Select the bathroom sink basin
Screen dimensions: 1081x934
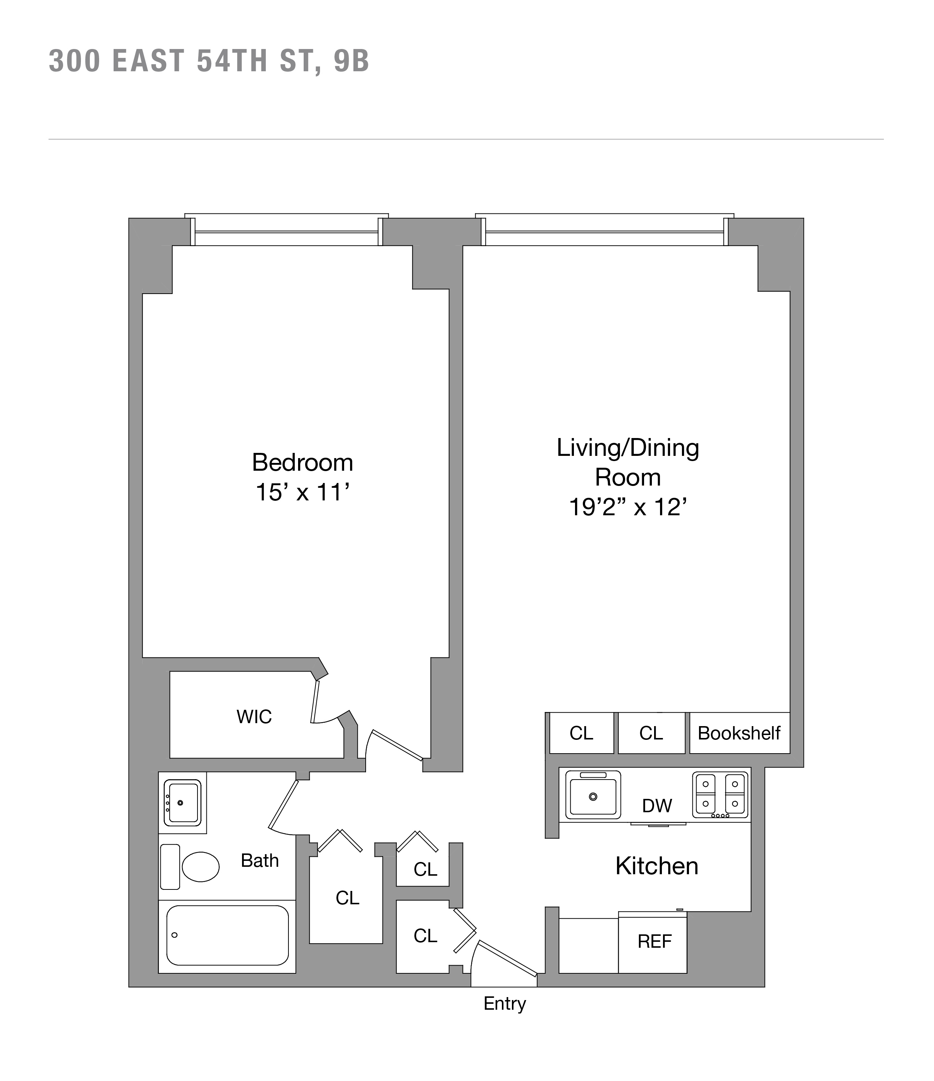click(183, 803)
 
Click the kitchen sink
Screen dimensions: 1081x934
click(593, 797)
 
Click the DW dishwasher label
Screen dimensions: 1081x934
click(657, 806)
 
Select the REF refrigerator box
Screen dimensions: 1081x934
click(653, 941)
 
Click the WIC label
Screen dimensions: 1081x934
click(254, 717)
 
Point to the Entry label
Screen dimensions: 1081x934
click(504, 1003)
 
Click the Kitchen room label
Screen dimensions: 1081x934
click(656, 866)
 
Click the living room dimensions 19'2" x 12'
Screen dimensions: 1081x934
click(628, 507)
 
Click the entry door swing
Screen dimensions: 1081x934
click(506, 957)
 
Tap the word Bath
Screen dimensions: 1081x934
click(259, 860)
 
